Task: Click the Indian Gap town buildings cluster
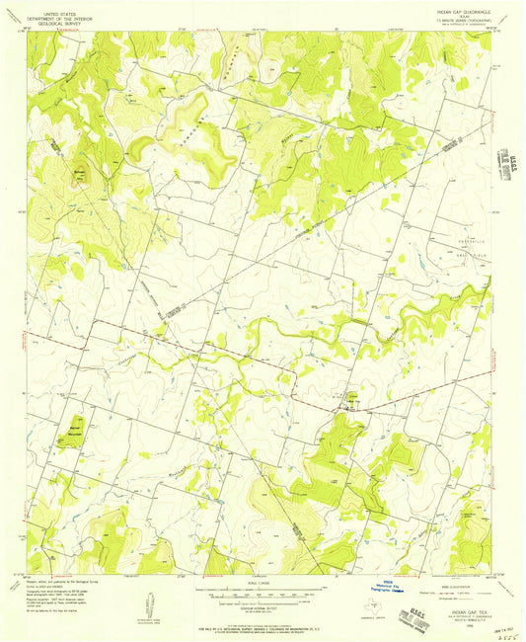347,400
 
